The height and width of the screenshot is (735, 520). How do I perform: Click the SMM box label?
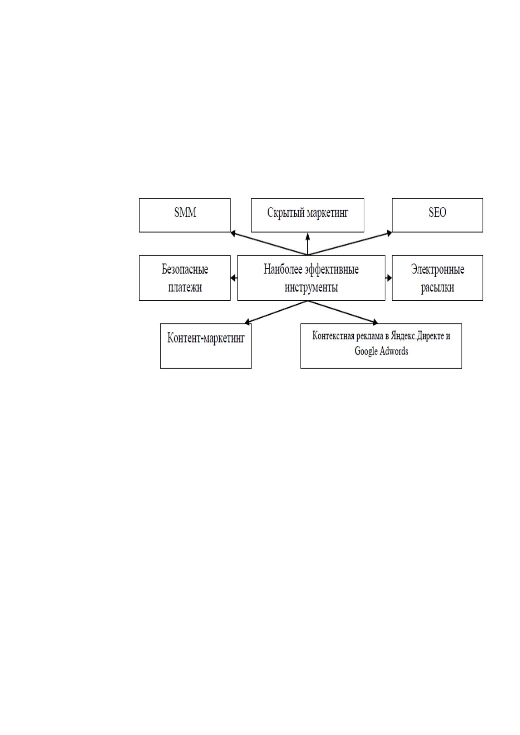185,213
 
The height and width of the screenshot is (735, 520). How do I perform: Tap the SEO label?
437,213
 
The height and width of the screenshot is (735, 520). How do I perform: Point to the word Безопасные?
185,269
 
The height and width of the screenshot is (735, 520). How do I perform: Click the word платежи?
185,288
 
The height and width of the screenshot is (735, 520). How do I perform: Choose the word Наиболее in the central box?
283,269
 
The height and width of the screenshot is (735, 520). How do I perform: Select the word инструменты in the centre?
311,288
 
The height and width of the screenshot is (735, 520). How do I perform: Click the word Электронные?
437,270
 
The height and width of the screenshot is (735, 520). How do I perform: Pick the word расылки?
437,288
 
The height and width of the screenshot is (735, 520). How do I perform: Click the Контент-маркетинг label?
206,338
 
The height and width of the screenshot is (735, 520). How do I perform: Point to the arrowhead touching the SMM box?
233,234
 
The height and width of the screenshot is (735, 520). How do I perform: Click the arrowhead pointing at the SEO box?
389,234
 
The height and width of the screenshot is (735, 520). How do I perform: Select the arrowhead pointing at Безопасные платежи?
234,278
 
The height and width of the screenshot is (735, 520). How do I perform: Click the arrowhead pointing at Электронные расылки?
389,278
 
